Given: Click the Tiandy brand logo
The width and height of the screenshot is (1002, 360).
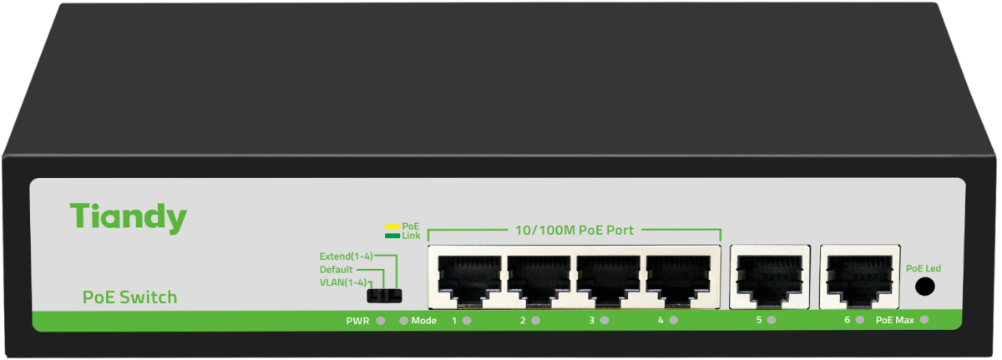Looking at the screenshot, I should pyautogui.click(x=129, y=217).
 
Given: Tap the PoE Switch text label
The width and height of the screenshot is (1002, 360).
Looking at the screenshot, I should pyautogui.click(x=129, y=297).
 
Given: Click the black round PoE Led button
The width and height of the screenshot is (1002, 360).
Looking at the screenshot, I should pyautogui.click(x=924, y=287).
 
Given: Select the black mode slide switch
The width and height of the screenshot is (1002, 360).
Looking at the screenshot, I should pyautogui.click(x=385, y=295).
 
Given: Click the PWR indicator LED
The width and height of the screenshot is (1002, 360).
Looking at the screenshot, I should pyautogui.click(x=381, y=321).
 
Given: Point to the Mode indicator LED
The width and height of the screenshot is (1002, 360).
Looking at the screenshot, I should pyautogui.click(x=403, y=321).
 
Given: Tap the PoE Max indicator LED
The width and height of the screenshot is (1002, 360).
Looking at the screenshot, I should pyautogui.click(x=924, y=321).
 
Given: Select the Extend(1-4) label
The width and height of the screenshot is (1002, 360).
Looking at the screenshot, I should pyautogui.click(x=346, y=256).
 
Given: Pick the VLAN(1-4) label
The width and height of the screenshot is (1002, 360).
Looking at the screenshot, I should pyautogui.click(x=343, y=282).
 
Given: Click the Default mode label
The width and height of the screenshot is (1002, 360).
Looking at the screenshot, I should pyautogui.click(x=336, y=269).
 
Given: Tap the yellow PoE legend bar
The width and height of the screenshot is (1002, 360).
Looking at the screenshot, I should pyautogui.click(x=391, y=226).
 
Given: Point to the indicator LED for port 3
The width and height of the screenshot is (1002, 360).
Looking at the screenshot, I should pyautogui.click(x=605, y=321).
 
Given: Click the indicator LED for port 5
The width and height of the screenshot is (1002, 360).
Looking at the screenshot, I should pyautogui.click(x=772, y=321).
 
